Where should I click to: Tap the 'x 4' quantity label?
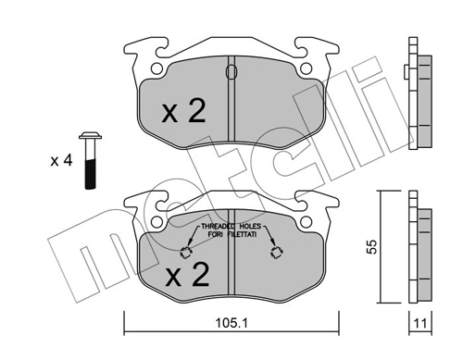click(61, 159)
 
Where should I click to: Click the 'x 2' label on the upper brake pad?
click(183, 112)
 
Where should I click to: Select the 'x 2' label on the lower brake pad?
click(187, 275)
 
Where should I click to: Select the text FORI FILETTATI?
click(229, 236)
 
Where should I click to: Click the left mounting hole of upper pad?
click(152, 67)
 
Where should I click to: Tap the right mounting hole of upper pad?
click(306, 67)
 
